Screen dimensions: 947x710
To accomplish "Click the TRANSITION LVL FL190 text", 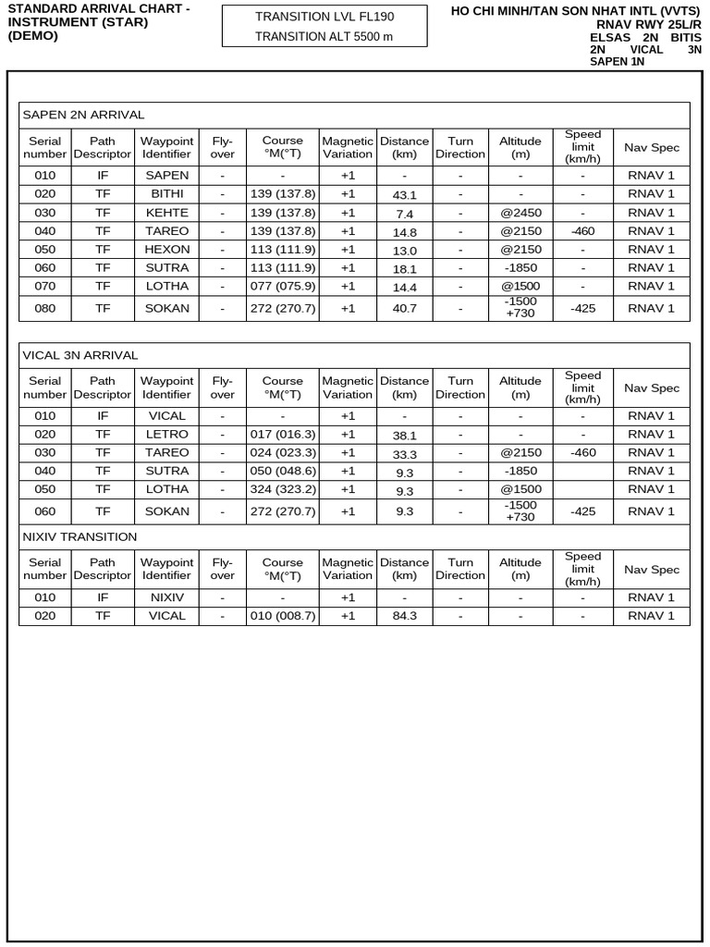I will [324, 17].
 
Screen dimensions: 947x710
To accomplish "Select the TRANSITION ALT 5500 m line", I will [324, 36].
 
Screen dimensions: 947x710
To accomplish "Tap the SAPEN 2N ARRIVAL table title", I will [83, 115].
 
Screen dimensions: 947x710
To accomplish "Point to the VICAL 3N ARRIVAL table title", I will [80, 355].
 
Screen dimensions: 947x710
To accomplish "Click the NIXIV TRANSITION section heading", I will [80, 536].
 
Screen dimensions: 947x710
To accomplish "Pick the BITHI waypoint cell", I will [167, 194].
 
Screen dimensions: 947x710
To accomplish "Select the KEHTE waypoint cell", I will [167, 213].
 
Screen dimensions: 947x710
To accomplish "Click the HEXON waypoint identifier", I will [167, 250].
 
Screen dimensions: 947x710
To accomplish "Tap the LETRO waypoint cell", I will [167, 435].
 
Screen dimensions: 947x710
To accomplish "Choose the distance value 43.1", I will [405, 195].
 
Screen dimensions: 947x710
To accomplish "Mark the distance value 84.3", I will [405, 617].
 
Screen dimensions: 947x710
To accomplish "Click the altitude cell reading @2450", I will [520, 213].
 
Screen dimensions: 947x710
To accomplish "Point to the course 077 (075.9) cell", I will [283, 287].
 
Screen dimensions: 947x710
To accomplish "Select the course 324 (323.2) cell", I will [283, 489].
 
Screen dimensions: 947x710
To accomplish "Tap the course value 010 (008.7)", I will [283, 616].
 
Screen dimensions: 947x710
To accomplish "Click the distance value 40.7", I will [405, 309].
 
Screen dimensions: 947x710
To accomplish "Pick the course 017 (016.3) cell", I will [283, 435].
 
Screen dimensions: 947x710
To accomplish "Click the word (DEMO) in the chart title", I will [32, 36].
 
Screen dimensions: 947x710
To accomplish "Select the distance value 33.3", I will [405, 454].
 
